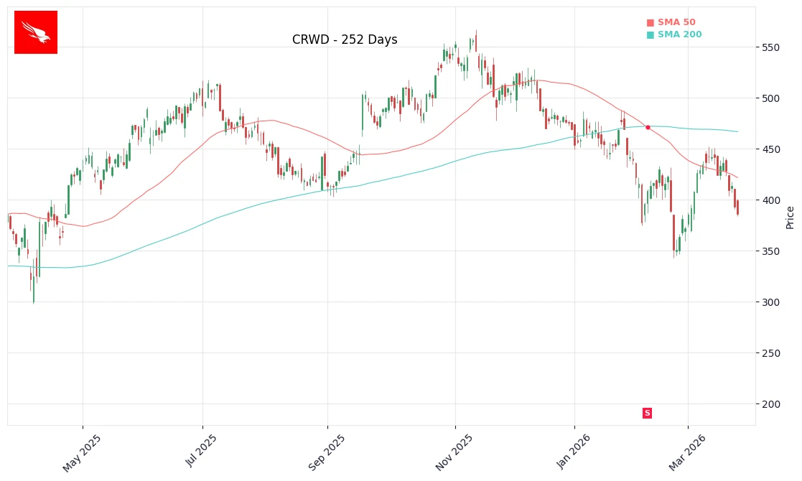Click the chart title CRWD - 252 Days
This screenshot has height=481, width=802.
pos(345,40)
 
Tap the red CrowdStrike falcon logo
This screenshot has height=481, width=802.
pos(36,32)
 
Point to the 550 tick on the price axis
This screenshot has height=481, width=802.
pos(772,47)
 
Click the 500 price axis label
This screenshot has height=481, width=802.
pos(772,98)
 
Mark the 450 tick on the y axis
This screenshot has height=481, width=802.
pos(772,149)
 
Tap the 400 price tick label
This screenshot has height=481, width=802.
pos(772,200)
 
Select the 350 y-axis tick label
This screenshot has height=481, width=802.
pos(772,251)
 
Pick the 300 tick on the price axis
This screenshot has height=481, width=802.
pos(772,302)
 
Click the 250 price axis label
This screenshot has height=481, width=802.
pos(772,353)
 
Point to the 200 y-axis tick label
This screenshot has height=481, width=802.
pos(772,404)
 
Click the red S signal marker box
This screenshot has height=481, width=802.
pos(647,413)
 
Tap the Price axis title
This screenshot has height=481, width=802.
pos(791,217)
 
